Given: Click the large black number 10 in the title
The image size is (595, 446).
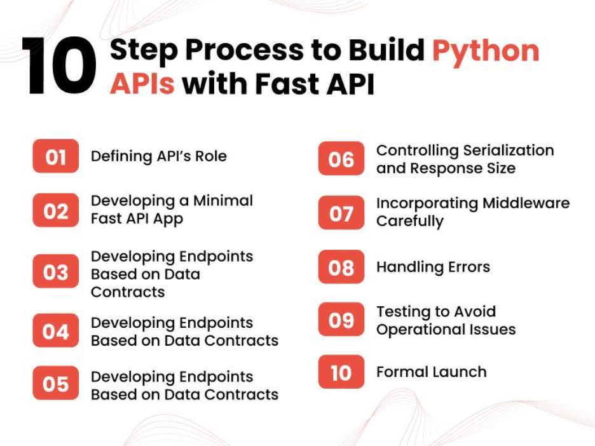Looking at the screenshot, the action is coord(59,65).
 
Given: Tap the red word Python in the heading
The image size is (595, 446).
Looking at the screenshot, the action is coord(486,51).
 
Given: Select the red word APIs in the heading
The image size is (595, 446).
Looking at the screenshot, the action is coord(142,83).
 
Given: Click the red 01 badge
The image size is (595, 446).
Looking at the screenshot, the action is coord(56,156).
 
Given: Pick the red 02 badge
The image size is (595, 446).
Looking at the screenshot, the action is coord(56,210).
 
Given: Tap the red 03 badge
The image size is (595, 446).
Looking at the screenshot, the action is coord(56,271).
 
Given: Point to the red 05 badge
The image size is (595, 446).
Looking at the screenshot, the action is coord(56,383).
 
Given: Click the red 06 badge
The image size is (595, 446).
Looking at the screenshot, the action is coord(341,158).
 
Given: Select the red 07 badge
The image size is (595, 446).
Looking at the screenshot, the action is coord(341,212).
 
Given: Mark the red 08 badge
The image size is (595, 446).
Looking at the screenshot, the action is coord(341,267).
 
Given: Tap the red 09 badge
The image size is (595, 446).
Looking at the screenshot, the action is coord(341,320).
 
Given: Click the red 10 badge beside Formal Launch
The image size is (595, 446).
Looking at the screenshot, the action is coord(341,372).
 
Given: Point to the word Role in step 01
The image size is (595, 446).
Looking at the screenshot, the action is coord(211,156).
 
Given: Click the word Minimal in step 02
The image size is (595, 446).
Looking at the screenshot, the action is coord(223,201).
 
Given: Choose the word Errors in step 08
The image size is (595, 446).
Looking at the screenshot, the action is coord(469,267).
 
